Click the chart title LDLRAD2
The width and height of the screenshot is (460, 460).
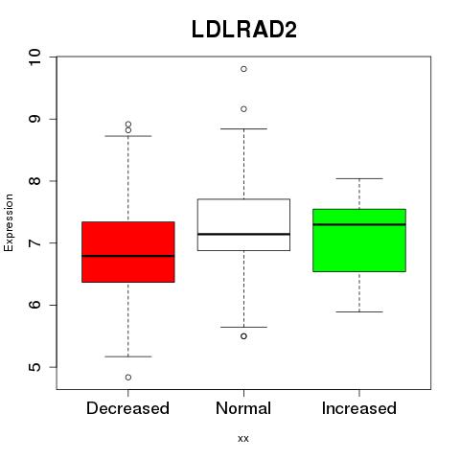(244, 30)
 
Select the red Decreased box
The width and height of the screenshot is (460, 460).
(128, 252)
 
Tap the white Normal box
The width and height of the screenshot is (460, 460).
(243, 224)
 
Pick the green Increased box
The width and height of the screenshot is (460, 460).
(359, 241)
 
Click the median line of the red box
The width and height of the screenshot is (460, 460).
(128, 256)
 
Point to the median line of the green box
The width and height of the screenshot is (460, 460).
(359, 224)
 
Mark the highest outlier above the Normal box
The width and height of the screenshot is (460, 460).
(243, 69)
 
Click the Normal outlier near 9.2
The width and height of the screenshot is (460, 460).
(243, 109)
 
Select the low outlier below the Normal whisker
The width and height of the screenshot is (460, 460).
(243, 336)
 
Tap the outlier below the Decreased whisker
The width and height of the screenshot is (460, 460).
(128, 378)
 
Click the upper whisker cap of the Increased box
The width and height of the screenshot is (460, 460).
(359, 178)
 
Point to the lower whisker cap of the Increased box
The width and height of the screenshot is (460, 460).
(359, 311)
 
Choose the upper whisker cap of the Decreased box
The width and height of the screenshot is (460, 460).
(128, 136)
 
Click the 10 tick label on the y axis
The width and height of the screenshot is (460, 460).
(35, 57)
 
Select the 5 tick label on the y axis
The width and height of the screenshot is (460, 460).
(35, 367)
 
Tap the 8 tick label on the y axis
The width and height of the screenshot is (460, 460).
(35, 181)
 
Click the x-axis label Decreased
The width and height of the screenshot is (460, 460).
(127, 408)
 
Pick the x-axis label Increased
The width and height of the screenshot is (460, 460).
(359, 408)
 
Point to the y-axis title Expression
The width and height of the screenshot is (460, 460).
(9, 222)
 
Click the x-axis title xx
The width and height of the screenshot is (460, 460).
(243, 439)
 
